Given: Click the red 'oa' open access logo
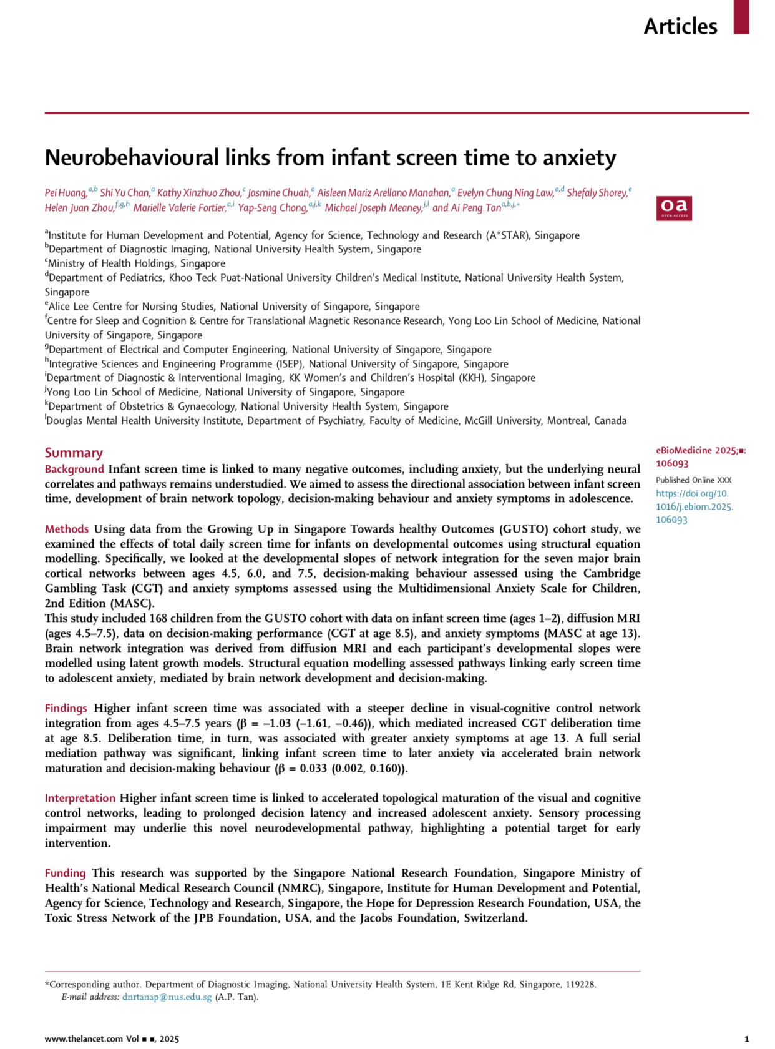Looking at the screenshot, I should click(673, 208).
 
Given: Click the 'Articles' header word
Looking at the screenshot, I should click(680, 26).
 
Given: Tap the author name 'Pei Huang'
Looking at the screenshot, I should click(66, 193).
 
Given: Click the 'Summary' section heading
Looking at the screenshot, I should click(74, 453).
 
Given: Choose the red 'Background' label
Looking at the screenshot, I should click(74, 469).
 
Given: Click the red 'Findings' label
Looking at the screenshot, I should click(66, 708).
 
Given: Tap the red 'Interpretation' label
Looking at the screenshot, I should click(80, 798).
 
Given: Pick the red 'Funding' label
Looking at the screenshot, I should click(65, 873).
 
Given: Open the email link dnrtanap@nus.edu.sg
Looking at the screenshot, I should click(167, 997).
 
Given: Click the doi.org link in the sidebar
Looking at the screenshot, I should click(694, 506).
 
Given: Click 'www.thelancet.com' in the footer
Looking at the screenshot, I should click(84, 1039).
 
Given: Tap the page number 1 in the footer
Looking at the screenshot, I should click(746, 1039).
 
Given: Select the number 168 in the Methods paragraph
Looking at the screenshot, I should click(158, 618).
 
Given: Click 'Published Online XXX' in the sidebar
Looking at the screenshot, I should click(693, 480).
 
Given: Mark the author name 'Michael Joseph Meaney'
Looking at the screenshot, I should click(373, 208).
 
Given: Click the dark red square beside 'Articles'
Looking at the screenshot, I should click(741, 16).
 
